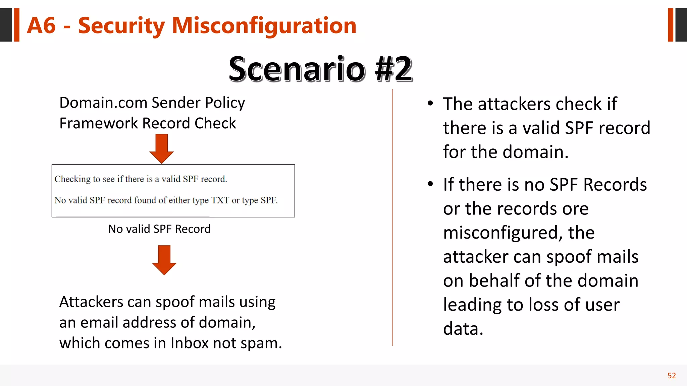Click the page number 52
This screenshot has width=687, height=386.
pyautogui.click(x=672, y=376)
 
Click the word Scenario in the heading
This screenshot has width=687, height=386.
pyautogui.click(x=297, y=69)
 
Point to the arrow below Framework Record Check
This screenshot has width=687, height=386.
pyautogui.click(x=162, y=148)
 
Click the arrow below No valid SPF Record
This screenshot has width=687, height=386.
pyautogui.click(x=164, y=260)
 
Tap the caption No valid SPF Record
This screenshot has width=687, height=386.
pyautogui.click(x=159, y=229)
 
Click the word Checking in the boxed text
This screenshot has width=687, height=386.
pyautogui.click(x=72, y=179)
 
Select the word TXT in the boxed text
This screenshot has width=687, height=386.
pyautogui.click(x=220, y=200)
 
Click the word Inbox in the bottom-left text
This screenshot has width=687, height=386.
pyautogui.click(x=190, y=343)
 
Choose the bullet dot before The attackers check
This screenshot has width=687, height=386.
pyautogui.click(x=430, y=104)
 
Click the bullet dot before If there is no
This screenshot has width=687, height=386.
pyautogui.click(x=430, y=184)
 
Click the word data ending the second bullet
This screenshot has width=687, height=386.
pyautogui.click(x=463, y=329)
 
